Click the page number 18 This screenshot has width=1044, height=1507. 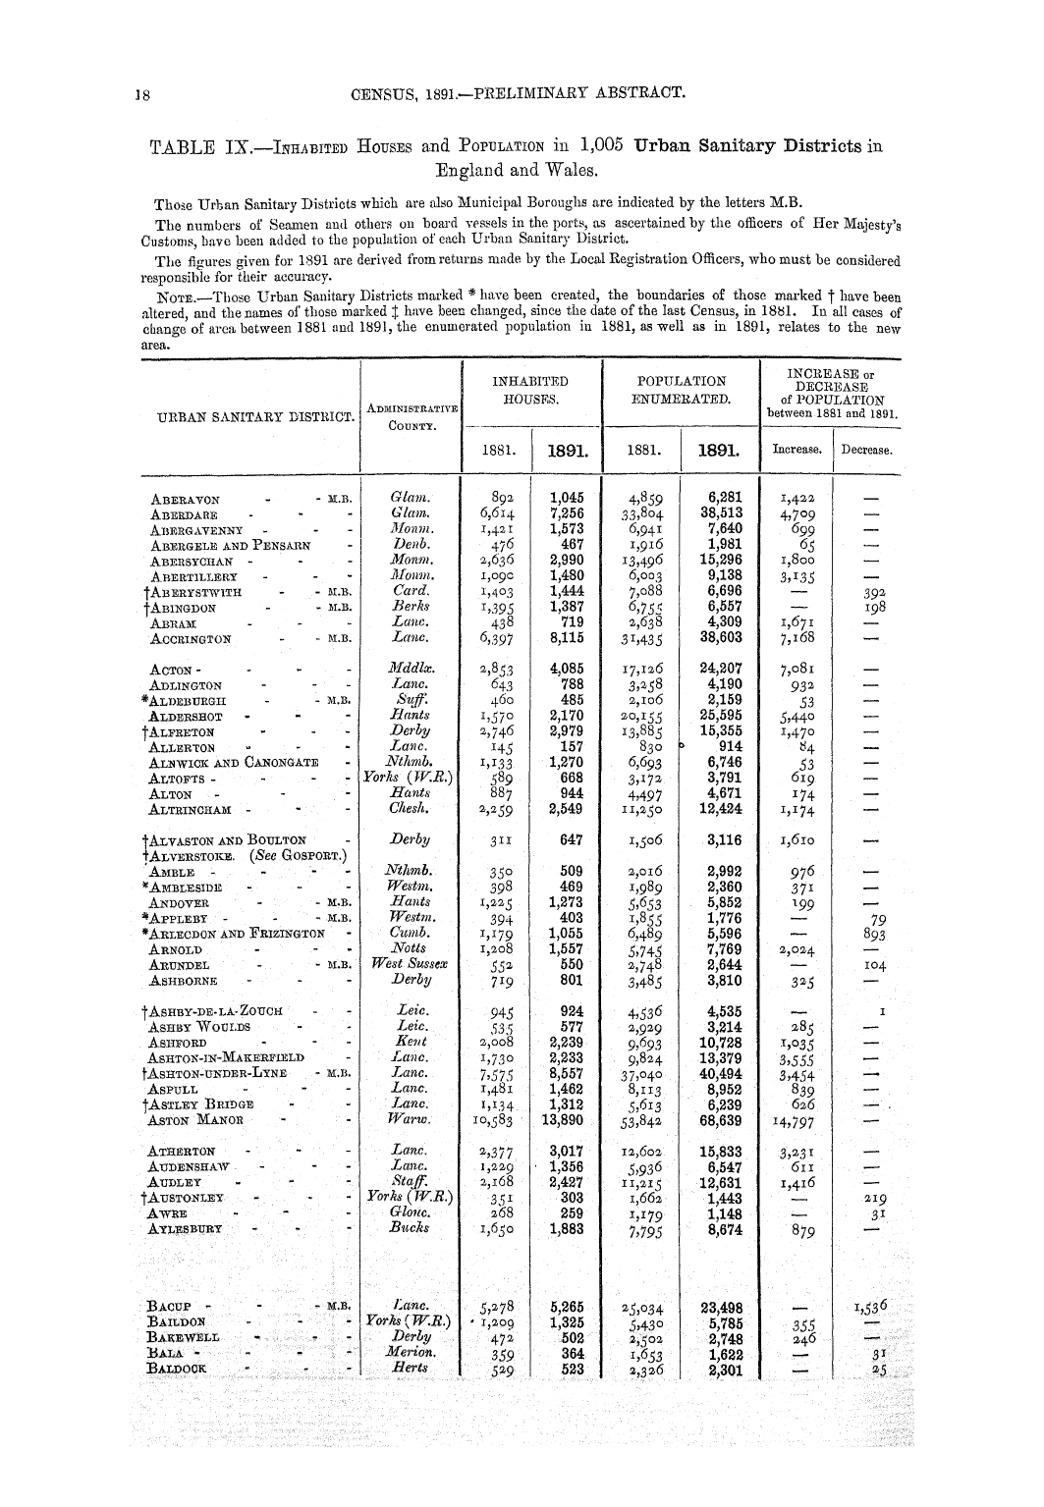point(142,94)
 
